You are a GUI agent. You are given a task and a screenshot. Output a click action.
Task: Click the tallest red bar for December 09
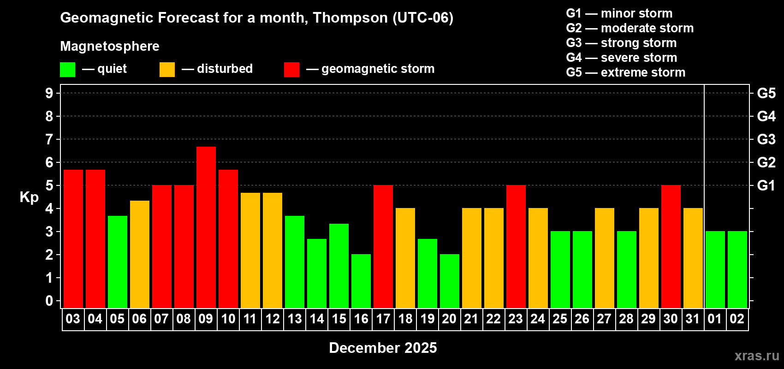pyautogui.click(x=206, y=227)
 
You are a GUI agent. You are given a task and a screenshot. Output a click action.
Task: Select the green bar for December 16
pyautogui.click(x=361, y=281)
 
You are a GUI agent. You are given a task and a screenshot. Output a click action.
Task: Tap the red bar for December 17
pyautogui.click(x=383, y=246)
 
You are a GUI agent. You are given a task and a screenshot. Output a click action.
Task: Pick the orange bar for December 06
pyautogui.click(x=140, y=254)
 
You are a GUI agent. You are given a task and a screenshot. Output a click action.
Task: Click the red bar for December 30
pyautogui.click(x=671, y=246)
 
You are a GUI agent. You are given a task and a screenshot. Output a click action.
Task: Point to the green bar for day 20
pyautogui.click(x=450, y=281)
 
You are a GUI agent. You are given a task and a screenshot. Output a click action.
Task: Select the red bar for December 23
pyautogui.click(x=516, y=246)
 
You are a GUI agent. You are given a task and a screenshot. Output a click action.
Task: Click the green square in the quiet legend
pyautogui.click(x=68, y=70)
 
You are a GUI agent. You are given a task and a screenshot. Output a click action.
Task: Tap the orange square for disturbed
pyautogui.click(x=167, y=70)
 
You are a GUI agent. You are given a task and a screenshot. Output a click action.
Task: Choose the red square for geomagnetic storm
pyautogui.click(x=291, y=70)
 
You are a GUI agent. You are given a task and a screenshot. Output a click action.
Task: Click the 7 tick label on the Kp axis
pyautogui.click(x=49, y=139)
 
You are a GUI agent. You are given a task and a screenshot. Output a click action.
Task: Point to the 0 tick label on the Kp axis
pyautogui.click(x=49, y=301)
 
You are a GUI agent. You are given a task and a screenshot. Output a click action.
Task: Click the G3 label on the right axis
pyautogui.click(x=766, y=139)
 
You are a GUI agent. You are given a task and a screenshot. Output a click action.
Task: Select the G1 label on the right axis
pyautogui.click(x=766, y=185)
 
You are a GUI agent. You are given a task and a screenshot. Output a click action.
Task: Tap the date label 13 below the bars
pyautogui.click(x=295, y=319)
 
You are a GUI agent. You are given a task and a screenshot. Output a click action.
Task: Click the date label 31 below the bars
pyautogui.click(x=693, y=319)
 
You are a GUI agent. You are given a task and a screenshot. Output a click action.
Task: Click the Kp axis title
pyautogui.click(x=29, y=197)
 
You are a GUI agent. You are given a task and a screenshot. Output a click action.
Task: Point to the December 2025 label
pyautogui.click(x=383, y=348)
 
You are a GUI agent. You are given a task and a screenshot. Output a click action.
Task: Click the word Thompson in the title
pyautogui.click(x=350, y=18)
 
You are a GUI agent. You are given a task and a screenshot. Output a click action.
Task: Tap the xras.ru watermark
pyautogui.click(x=757, y=356)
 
